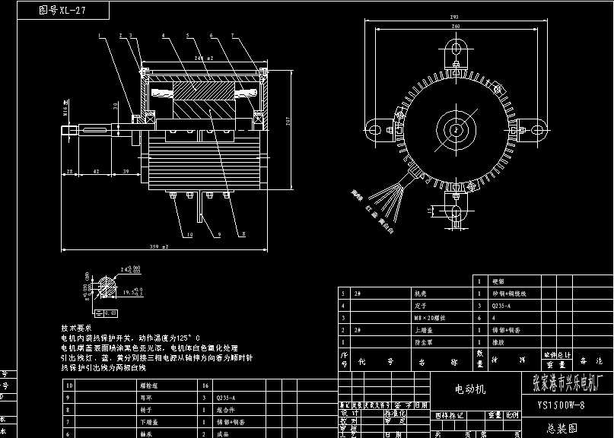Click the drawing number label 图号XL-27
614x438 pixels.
pos(62,11)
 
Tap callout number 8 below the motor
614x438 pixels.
pos(243,235)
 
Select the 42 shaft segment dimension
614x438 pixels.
pos(96,173)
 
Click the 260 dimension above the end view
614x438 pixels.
pos(456,27)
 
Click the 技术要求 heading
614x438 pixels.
pos(76,327)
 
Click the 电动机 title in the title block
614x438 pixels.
pos(469,389)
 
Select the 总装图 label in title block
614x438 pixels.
pos(561,427)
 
